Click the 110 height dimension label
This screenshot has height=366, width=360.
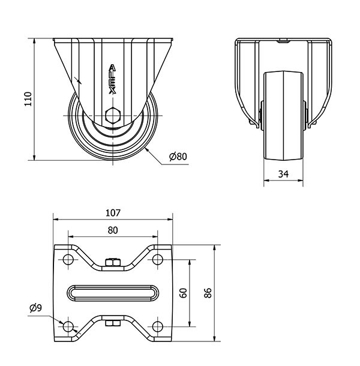[x=26, y=99]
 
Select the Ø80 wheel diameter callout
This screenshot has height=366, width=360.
[x=178, y=157]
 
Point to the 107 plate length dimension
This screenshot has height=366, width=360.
[x=113, y=212]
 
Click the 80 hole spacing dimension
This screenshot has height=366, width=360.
[x=112, y=229]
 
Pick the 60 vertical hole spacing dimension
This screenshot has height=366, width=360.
[x=183, y=293]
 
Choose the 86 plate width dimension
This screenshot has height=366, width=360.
[x=208, y=293]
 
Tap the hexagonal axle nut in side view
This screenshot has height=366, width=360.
[x=112, y=116]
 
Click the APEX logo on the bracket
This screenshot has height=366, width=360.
[x=112, y=77]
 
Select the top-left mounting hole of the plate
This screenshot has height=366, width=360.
[x=67, y=260]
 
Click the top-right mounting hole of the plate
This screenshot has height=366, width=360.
[x=158, y=260]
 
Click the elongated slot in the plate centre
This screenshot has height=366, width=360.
[x=112, y=293]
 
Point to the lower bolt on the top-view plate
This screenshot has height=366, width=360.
[x=112, y=325]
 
